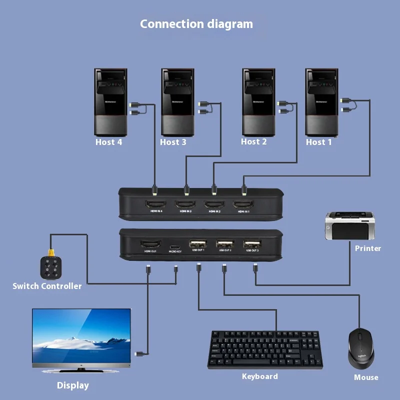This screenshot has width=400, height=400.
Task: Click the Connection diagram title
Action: coord(196,24)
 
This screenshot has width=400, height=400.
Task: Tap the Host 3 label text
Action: coord(173,142)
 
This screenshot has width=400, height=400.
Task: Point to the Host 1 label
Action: coord(319,142)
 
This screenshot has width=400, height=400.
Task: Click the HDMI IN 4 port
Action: coord(155,204)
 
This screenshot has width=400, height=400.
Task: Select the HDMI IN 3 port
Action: coord(185,204)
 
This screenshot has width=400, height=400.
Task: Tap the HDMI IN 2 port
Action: coord(214,204)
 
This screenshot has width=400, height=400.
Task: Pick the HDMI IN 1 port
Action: coord(243,204)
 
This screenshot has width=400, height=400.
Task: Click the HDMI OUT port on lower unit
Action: coord(150,244)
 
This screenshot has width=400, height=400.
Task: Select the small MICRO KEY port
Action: coord(175,247)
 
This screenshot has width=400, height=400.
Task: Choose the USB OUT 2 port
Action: coord(224,244)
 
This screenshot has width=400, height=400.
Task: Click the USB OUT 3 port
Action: coord(251,244)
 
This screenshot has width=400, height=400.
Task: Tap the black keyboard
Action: coord(265,349)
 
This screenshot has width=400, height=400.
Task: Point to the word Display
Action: coord(73,385)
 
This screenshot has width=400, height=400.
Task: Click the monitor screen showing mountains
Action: coord(81,336)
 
